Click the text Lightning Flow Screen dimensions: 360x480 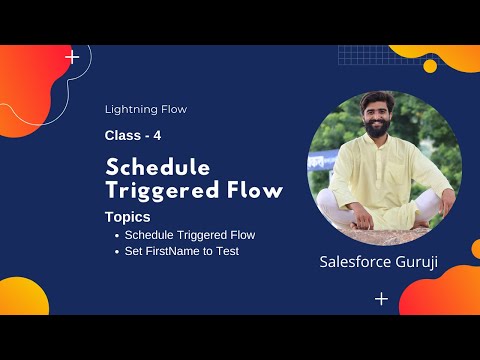(x=146, y=109)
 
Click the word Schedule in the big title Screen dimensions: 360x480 (x=158, y=166)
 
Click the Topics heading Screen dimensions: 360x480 (x=127, y=215)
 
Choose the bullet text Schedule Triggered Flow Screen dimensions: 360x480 (x=190, y=234)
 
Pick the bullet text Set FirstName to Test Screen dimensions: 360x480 (x=182, y=250)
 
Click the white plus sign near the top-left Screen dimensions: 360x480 (x=72, y=58)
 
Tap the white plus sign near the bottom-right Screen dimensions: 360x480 (x=381, y=298)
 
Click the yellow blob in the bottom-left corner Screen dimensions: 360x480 (x=22, y=297)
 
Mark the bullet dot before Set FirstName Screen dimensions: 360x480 (x=117, y=251)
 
